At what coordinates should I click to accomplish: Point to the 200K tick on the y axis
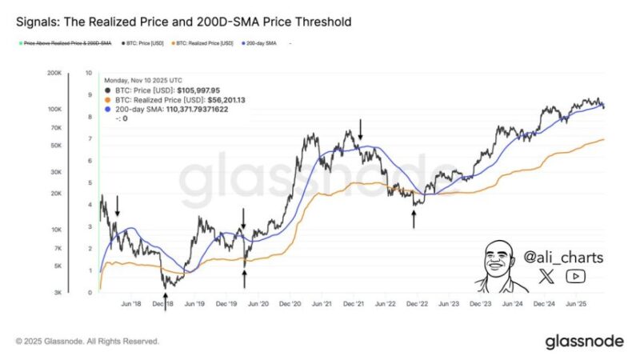[x=55, y=72]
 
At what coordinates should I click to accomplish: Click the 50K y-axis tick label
[x=57, y=146]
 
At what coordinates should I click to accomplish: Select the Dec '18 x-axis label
[x=162, y=304]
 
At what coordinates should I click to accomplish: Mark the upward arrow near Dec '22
[x=414, y=218]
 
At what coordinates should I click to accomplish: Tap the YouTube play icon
[x=574, y=277]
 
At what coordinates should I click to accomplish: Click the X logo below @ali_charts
[x=546, y=277]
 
